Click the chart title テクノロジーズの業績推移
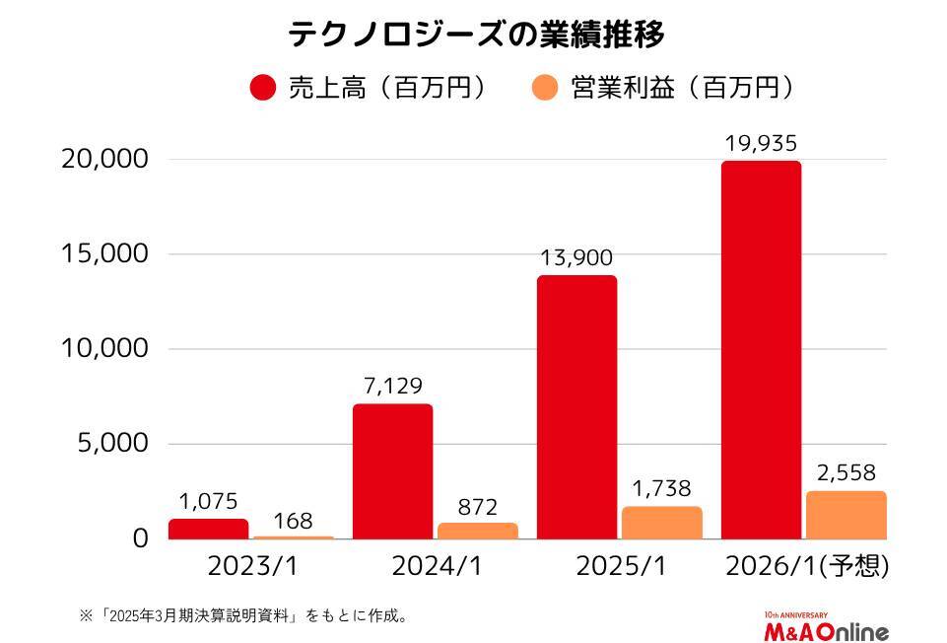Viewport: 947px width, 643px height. tap(476, 35)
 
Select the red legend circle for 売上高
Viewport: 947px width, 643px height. tap(263, 88)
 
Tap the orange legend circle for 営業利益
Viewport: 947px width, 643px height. tap(546, 88)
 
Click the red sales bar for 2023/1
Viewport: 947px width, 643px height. tap(208, 529)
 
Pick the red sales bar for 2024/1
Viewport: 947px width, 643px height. tap(392, 471)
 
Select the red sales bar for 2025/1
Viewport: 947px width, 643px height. tap(576, 407)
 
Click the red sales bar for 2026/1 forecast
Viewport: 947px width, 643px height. tap(761, 350)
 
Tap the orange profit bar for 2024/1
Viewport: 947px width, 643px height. tap(477, 531)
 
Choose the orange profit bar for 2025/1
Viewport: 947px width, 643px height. tap(661, 523)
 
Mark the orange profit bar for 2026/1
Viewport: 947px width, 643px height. tap(846, 515)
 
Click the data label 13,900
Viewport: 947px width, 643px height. tap(576, 258)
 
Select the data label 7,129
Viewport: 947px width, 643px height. tap(392, 387)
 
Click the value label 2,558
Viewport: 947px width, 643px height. tap(846, 473)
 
